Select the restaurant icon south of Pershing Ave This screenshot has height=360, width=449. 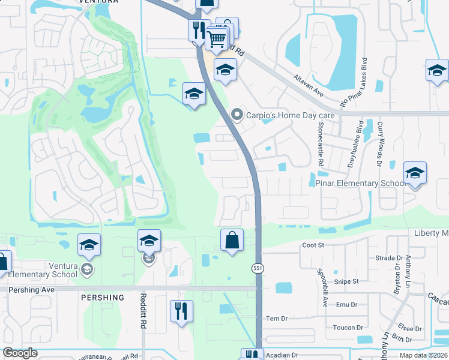tap(181, 311)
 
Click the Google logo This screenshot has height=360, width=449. tap(20, 353)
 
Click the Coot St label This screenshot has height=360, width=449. tap(313, 245)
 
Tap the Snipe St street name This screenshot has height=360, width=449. tap(346, 281)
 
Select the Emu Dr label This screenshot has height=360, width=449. tap(346, 305)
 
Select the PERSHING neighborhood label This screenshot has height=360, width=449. tap(101, 298)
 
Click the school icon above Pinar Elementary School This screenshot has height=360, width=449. tap(415, 173)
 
